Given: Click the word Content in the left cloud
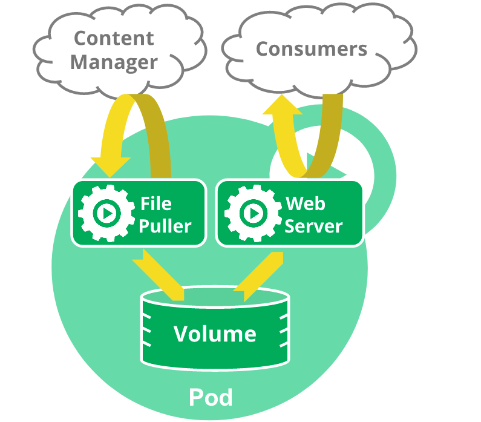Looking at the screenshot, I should [114, 38].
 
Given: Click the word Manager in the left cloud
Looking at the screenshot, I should [114, 62].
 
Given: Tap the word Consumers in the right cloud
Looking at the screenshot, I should [311, 48].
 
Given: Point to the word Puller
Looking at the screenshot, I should [165, 226].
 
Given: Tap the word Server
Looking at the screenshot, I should [313, 226].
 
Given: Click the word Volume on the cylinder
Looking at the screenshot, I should [215, 334].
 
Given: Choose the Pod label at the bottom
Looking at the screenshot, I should [211, 398].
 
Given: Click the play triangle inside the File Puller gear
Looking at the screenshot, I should [107, 213].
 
